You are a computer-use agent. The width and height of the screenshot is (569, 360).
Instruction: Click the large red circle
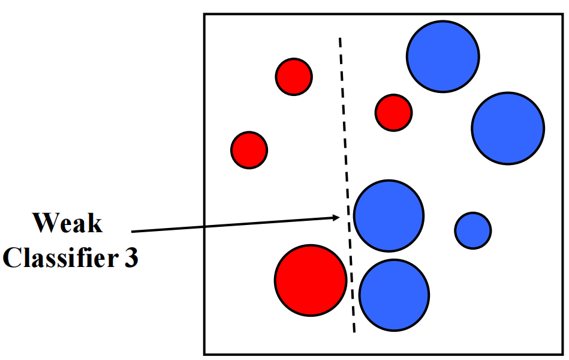click(x=311, y=280)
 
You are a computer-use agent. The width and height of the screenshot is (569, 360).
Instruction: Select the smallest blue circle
click(x=473, y=230)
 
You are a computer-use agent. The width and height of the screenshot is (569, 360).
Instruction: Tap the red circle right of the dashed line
click(x=393, y=112)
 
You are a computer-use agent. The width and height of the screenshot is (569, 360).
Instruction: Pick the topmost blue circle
click(x=442, y=56)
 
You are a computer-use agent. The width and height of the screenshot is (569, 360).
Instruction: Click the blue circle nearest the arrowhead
click(x=389, y=216)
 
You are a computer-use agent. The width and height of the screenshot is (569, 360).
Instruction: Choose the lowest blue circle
click(x=394, y=295)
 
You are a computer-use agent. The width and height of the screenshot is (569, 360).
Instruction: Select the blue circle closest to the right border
click(x=508, y=128)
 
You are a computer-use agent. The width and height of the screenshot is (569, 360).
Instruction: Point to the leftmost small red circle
click(x=249, y=150)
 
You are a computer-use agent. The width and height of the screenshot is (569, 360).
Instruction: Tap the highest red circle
click(x=294, y=76)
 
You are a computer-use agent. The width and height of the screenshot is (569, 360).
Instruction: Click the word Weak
click(x=67, y=223)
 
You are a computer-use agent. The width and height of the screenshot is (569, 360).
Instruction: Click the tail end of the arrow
click(x=132, y=231)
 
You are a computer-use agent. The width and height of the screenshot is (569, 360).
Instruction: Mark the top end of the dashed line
click(x=340, y=38)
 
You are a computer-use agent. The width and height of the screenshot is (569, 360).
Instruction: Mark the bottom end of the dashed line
click(x=354, y=332)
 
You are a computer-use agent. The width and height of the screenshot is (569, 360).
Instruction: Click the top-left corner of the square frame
click(x=205, y=14)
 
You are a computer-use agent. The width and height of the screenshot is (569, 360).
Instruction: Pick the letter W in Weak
click(x=45, y=223)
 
